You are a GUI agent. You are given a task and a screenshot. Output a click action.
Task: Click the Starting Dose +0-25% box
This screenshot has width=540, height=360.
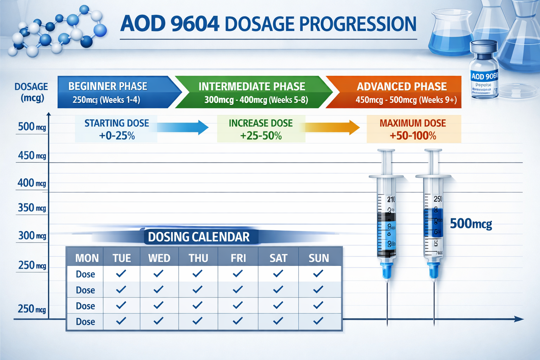coord(116,129)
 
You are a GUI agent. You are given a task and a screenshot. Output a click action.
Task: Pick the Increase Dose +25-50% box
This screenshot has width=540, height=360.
coord(261,129)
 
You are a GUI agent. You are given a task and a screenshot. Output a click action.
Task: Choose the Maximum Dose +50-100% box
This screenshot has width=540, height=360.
coord(413,129)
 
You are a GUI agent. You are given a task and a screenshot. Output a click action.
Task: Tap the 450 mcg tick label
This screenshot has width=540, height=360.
coord(32,155)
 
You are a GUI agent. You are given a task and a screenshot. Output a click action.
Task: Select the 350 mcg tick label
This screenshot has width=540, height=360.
coord(32,208)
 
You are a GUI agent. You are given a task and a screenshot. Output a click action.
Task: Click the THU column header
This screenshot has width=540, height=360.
coord(198,258)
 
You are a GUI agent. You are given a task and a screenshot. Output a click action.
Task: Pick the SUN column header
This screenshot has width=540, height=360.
coord(319,258)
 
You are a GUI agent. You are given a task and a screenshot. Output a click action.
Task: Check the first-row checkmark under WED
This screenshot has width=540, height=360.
coord(159,273)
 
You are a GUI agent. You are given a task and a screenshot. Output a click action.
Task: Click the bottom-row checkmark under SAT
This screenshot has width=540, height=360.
coord(278,321)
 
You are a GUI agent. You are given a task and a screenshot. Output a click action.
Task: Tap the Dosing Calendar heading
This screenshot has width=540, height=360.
coord(199,237)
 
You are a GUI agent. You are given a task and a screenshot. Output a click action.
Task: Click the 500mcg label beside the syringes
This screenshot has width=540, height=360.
coord(471,224)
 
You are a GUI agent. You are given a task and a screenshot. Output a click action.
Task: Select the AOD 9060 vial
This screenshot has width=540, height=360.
coord(484,70)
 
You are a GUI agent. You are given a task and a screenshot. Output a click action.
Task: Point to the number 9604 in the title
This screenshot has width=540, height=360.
coord(195,24)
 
